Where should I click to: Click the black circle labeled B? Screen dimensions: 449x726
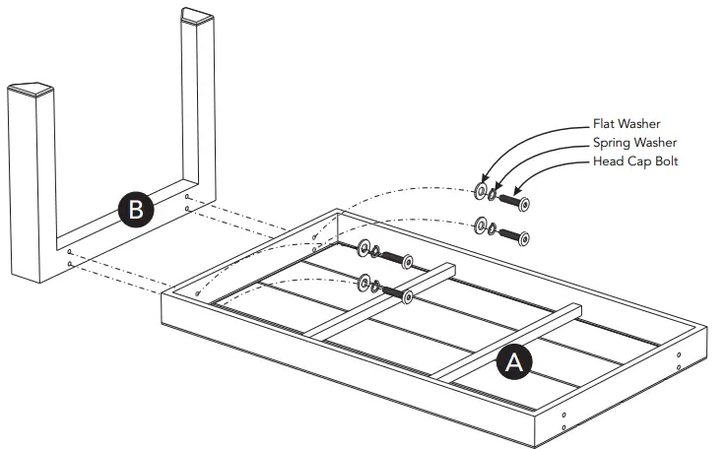coord(134,209)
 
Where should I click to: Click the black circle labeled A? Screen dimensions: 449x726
coord(513,362)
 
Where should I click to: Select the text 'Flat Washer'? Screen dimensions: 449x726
coord(627,125)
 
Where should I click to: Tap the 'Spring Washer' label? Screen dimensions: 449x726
coord(634,143)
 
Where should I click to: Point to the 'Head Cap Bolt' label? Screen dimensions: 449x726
coord(633,160)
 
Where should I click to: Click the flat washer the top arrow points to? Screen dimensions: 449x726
coord(481,191)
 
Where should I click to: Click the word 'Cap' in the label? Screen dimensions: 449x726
coord(637,160)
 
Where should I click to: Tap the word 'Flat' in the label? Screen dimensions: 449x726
coord(604,125)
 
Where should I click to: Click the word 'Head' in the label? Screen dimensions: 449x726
coord(609,160)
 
